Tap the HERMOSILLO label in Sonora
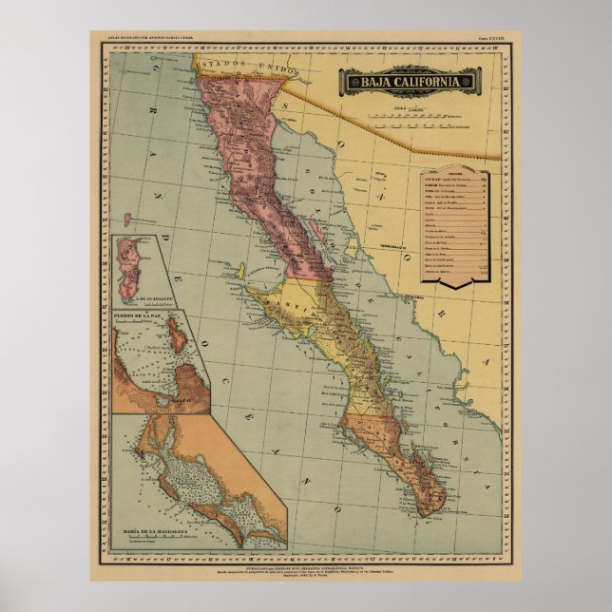click(x=390, y=247)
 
